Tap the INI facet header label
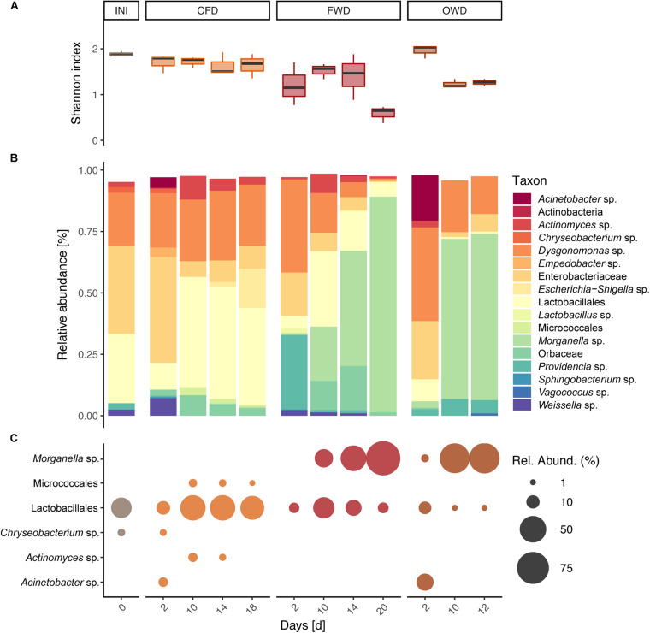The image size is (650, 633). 121,12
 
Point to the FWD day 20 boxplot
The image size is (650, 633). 383,112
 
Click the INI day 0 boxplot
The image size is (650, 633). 121,54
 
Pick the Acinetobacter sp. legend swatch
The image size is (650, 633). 521,198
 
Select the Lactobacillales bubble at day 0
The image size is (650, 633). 121,507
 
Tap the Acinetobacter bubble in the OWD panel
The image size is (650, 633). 425,582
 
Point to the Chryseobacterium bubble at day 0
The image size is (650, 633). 121,532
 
